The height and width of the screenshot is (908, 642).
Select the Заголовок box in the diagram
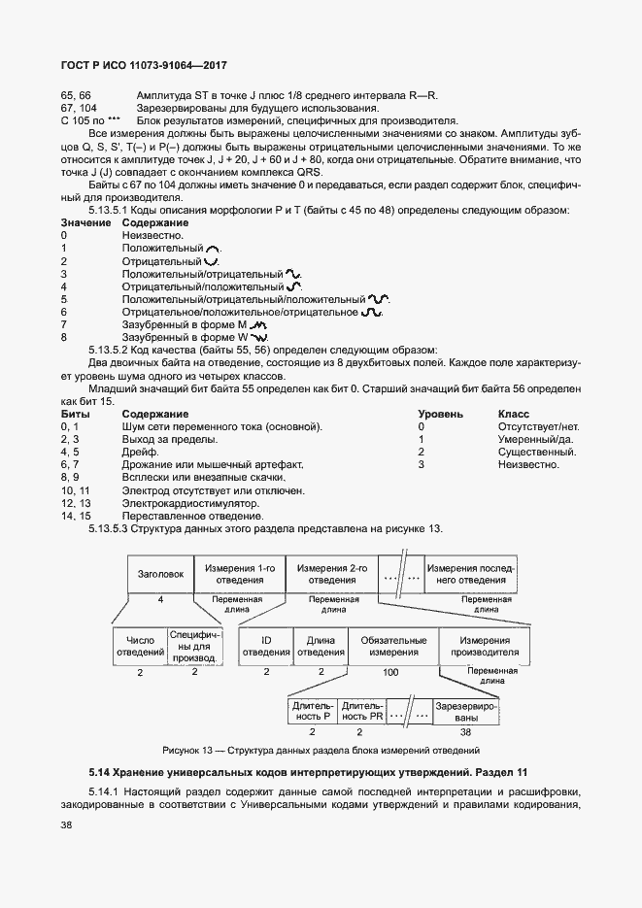point(161,574)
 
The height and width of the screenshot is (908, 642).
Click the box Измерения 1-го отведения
point(237,574)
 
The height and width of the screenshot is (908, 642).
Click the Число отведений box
point(140,647)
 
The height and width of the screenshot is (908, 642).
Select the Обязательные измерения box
point(393,647)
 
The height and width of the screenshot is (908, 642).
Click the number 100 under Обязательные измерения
point(390,672)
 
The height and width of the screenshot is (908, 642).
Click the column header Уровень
point(441,414)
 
